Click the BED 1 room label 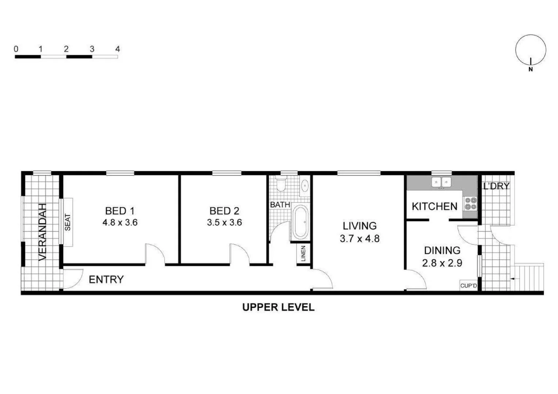(x=120, y=211)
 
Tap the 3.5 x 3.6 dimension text (x=224, y=223)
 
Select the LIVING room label (x=359, y=226)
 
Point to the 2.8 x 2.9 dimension (x=442, y=263)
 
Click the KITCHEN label (x=434, y=206)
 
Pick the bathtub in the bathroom (x=300, y=222)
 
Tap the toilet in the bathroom (x=281, y=185)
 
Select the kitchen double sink (x=441, y=182)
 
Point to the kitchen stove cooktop (x=470, y=203)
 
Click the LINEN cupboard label (x=303, y=254)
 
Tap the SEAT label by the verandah (x=68, y=222)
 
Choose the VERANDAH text (x=43, y=232)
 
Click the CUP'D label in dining (x=469, y=286)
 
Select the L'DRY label (x=496, y=186)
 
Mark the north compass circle (x=531, y=50)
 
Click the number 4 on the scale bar (x=118, y=49)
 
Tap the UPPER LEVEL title (x=278, y=307)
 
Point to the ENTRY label (x=106, y=279)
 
